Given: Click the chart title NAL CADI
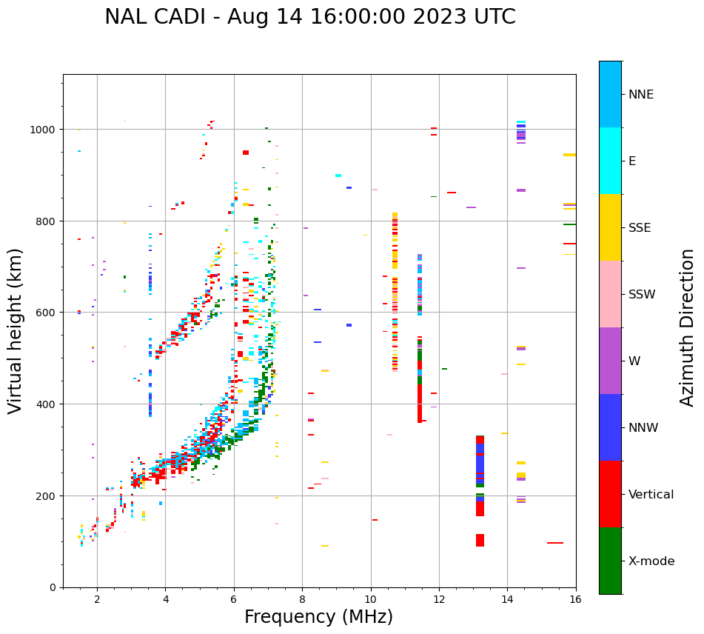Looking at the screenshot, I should pyautogui.click(x=309, y=17).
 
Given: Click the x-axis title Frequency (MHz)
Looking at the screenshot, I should pyautogui.click(x=318, y=617).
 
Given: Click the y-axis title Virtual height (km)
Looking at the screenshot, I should pyautogui.click(x=16, y=330).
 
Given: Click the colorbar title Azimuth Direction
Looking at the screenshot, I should pyautogui.click(x=688, y=327).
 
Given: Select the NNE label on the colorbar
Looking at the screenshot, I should pyautogui.click(x=641, y=94).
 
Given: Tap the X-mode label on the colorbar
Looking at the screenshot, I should pyautogui.click(x=651, y=561).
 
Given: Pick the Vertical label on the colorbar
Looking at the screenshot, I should pyautogui.click(x=651, y=495).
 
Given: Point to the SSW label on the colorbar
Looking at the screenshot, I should pyautogui.click(x=642, y=295).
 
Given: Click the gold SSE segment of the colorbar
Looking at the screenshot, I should pyautogui.click(x=610, y=227).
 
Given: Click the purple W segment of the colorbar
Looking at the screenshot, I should pyautogui.click(x=610, y=361).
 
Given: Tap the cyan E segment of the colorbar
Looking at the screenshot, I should pyautogui.click(x=610, y=161).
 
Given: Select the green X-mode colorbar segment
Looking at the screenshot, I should pyautogui.click(x=610, y=561).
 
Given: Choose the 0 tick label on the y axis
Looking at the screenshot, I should pyautogui.click(x=52, y=587).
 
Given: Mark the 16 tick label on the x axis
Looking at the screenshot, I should pyautogui.click(x=575, y=600).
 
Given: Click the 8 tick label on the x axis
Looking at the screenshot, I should pyautogui.click(x=302, y=600).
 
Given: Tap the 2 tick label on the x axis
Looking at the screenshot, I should pyautogui.click(x=97, y=600).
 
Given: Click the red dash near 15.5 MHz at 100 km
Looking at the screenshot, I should pyautogui.click(x=555, y=543).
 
